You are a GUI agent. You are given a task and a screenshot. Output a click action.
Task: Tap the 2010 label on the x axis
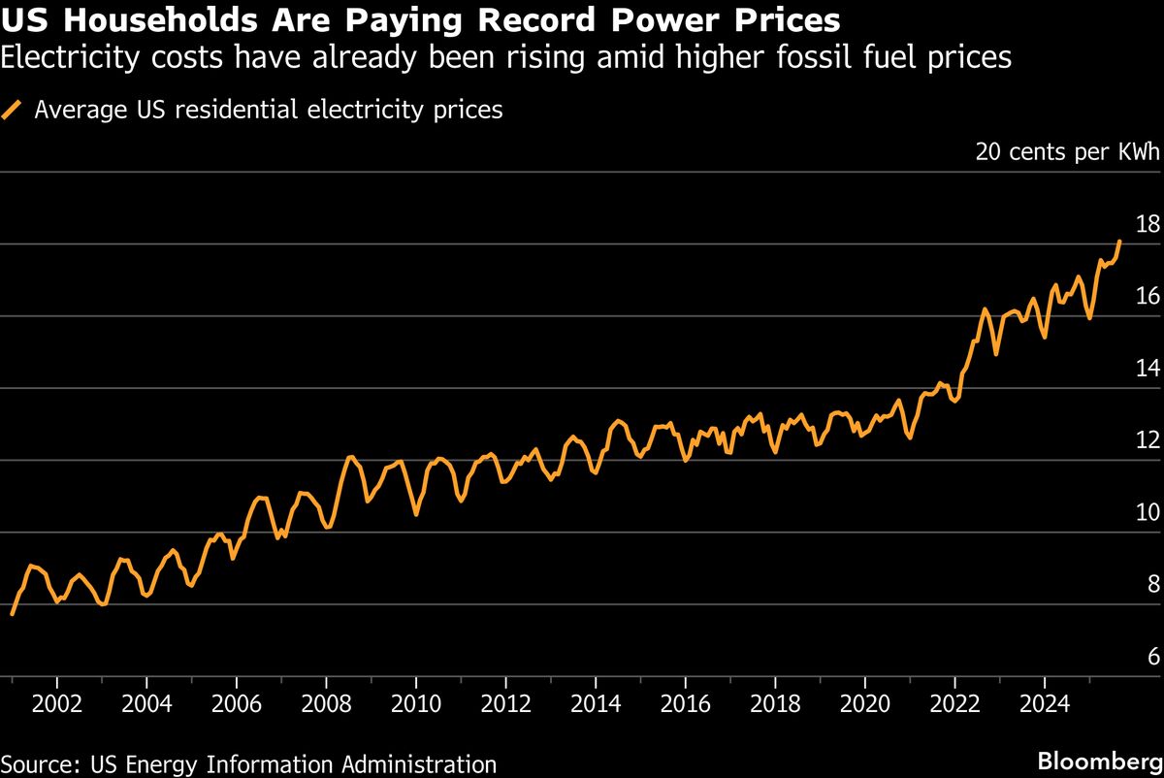pyautogui.click(x=415, y=702)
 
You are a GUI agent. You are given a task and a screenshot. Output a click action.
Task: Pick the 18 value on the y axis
pyautogui.click(x=1148, y=224)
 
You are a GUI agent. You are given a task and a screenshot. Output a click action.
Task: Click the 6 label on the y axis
pyautogui.click(x=1153, y=657)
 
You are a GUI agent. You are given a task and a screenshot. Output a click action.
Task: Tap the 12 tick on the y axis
pyautogui.click(x=1148, y=440)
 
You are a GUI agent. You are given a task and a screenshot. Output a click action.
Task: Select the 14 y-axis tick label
pyautogui.click(x=1148, y=369)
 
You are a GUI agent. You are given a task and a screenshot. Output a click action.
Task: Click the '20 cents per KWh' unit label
pyautogui.click(x=1067, y=152)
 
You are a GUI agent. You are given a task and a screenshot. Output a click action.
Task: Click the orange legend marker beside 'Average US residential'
pyautogui.click(x=14, y=110)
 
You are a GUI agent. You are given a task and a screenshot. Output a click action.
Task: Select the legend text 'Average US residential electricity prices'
pyautogui.click(x=268, y=110)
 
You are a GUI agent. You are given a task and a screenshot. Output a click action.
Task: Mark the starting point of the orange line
pyautogui.click(x=12, y=614)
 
